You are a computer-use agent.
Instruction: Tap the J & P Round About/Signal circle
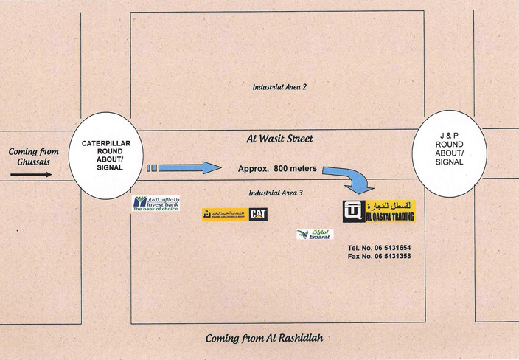pos(450,151)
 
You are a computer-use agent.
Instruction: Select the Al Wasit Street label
pos(279,139)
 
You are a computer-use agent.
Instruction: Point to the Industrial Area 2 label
pos(279,87)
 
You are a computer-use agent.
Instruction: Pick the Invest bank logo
pos(156,203)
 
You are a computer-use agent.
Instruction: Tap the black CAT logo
pos(258,214)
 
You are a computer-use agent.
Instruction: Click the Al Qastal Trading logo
pos(380,212)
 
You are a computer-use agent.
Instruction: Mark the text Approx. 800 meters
pos(277,169)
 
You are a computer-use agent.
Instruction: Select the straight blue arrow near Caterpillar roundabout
pos(184,168)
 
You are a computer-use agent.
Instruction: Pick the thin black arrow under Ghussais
pos(31,176)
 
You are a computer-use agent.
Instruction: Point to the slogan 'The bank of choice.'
pos(156,209)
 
